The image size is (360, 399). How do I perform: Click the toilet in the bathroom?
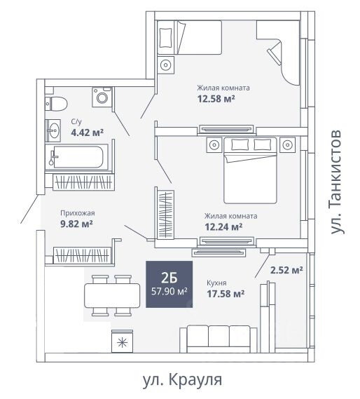[56, 104]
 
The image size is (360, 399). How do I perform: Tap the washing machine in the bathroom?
[102, 97]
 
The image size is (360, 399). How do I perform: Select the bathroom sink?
[53, 130]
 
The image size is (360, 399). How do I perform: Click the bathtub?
[76, 157]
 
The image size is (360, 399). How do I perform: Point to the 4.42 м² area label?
[88, 133]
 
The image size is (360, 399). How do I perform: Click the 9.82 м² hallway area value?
[76, 224]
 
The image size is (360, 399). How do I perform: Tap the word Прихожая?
[78, 213]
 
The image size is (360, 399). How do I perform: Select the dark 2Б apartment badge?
[169, 284]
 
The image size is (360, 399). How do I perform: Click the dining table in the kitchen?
[112, 295]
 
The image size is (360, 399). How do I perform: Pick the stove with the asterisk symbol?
[123, 341]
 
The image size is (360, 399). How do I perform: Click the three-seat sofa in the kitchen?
[219, 339]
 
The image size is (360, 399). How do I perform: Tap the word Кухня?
[216, 283]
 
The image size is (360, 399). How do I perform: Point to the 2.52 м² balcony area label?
[286, 270]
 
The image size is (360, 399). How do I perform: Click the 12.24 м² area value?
[223, 226]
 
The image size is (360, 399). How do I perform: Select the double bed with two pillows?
[250, 170]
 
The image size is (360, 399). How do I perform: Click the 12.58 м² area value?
[216, 98]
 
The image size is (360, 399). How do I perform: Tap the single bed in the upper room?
[189, 37]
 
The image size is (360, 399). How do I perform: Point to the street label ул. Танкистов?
[337, 182]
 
